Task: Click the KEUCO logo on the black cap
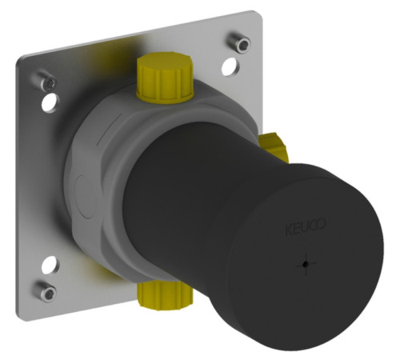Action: pos(306,227)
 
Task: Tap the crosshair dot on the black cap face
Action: pos(306,264)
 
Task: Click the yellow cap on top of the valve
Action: pos(165,77)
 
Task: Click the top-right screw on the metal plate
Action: pos(240,41)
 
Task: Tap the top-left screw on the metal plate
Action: pos(46,81)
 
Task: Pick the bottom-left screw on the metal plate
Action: pos(46,291)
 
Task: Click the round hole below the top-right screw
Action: pos(230,66)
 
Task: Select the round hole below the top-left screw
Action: pos(50,102)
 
